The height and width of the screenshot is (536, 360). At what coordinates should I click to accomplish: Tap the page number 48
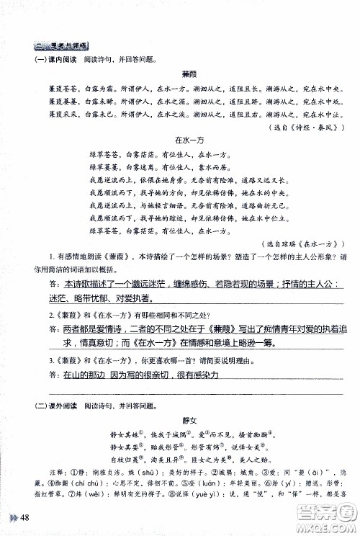[x=24, y=520]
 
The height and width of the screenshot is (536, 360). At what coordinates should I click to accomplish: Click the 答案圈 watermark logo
[x=318, y=510]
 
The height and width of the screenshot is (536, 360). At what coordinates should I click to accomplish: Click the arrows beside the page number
[x=11, y=520]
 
